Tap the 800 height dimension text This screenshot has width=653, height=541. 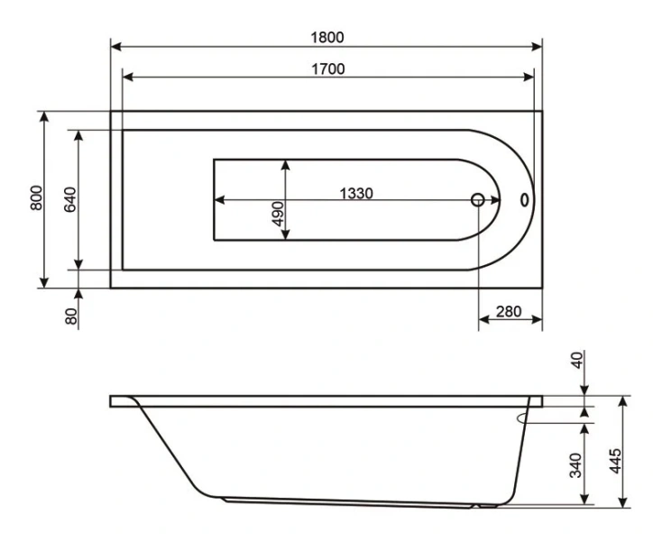click(x=35, y=198)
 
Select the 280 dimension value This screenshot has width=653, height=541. click(x=510, y=312)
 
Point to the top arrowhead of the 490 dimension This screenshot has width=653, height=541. click(x=285, y=165)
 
